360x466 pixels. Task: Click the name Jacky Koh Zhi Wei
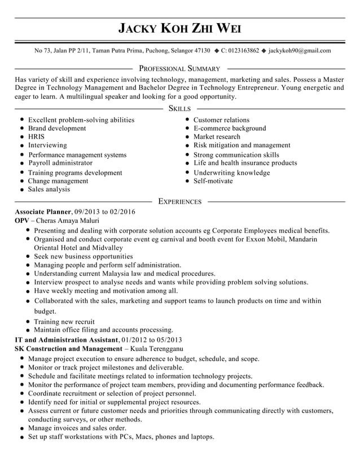click(x=179, y=29)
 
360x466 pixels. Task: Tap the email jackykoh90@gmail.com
click(x=300, y=51)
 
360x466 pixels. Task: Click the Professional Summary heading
click(x=179, y=68)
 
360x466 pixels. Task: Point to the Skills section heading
click(x=179, y=108)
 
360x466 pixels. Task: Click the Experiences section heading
click(x=179, y=201)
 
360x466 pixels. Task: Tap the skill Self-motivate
click(x=213, y=181)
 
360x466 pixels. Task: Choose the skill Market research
click(x=217, y=137)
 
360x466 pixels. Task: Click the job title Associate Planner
click(x=40, y=212)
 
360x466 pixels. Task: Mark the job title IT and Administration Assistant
click(x=67, y=340)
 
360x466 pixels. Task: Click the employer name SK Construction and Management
click(x=68, y=349)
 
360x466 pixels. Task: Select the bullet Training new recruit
click(x=64, y=322)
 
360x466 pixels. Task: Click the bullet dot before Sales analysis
click(x=21, y=190)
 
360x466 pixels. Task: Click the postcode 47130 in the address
click(x=202, y=51)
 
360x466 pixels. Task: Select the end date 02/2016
click(x=122, y=212)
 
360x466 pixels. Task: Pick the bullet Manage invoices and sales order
click(x=77, y=428)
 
